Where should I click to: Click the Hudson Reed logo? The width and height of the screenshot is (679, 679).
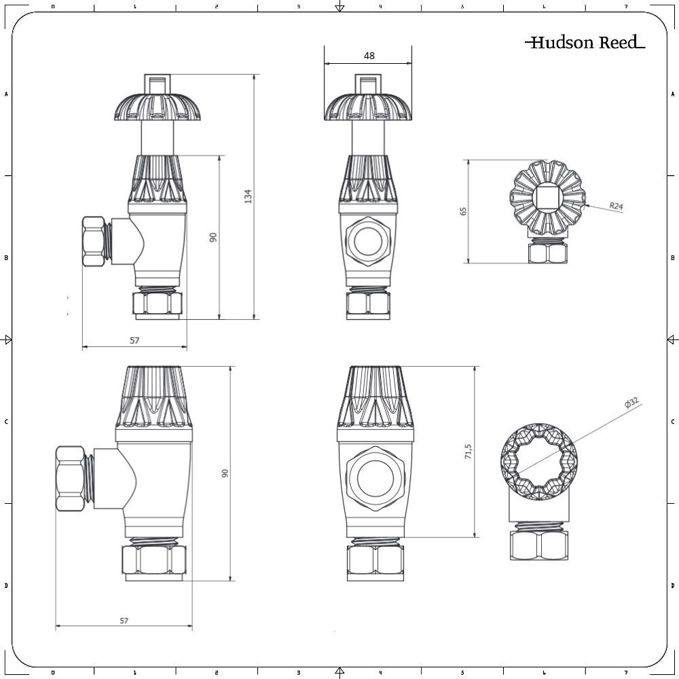coord(585,43)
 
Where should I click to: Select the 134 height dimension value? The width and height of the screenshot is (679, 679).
coord(249,196)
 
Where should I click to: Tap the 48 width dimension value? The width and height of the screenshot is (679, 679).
coord(369,56)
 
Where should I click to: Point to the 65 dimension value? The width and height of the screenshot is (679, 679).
coord(464,210)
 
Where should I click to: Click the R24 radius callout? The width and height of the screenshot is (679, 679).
coord(616,206)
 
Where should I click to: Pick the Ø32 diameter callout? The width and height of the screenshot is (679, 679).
coord(631,404)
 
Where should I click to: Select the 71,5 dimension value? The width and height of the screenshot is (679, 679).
coord(468,452)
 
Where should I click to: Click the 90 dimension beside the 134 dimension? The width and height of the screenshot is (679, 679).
coord(213,237)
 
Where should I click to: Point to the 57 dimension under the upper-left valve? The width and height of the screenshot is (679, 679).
coord(134,340)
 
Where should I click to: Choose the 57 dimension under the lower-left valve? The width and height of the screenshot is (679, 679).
coord(124,620)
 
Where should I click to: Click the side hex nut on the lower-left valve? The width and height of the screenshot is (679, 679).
coord(71,479)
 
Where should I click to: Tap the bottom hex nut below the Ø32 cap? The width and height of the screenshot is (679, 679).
coord(537,545)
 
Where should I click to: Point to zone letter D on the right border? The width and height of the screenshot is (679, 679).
coord(672,585)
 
